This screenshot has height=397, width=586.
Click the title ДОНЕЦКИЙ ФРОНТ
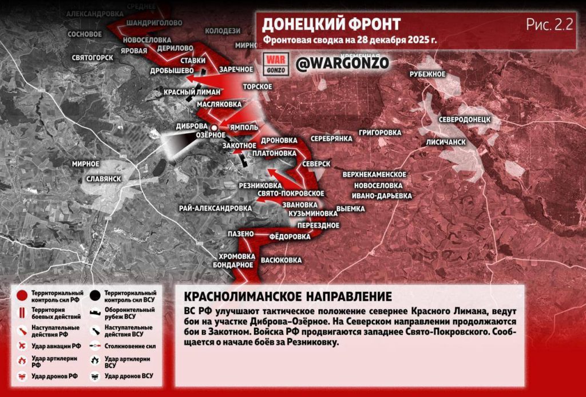331,24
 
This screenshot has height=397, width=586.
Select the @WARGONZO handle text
342,63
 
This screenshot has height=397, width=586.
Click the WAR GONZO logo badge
276,63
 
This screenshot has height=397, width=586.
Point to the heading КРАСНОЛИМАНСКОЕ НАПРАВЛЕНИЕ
288,297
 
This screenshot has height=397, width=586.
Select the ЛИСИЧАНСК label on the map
445,142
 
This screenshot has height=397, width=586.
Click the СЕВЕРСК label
316,164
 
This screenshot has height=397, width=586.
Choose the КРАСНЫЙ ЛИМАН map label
183,92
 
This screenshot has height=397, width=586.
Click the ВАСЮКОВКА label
281,260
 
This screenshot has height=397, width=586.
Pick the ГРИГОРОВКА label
379,133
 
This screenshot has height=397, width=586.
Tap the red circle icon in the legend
22,296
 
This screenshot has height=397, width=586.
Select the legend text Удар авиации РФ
56,346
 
